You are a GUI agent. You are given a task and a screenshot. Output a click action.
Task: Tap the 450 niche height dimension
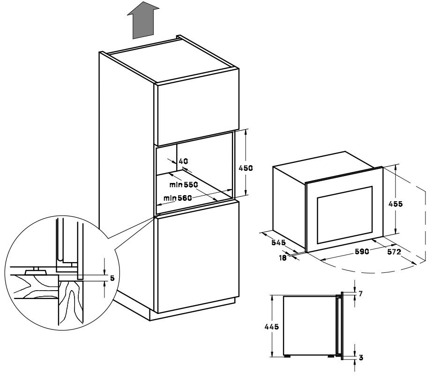tap(246, 168)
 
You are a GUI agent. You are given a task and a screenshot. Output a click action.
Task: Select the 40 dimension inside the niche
tap(183, 161)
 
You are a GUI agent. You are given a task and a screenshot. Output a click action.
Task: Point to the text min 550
tap(184, 184)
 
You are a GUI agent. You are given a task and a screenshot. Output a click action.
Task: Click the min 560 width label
tap(178, 198)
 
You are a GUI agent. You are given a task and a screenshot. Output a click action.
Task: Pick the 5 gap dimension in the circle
tap(112, 278)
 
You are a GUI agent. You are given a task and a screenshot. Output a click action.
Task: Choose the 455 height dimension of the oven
tap(395, 204)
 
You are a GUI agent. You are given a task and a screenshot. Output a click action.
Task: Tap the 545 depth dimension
tap(278, 242)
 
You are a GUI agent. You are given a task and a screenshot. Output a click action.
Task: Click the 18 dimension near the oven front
tap(283, 258)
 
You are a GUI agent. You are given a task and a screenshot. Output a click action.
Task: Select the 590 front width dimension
tap(361, 251)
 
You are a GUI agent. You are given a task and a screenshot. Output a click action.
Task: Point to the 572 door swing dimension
tap(394, 252)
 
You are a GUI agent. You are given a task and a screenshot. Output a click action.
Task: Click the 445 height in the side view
tap(272, 327)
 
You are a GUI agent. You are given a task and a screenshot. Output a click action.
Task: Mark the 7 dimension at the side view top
tap(361, 294)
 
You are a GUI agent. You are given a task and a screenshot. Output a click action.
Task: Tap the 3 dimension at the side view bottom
tap(361, 358)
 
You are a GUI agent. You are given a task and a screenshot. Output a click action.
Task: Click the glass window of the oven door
tap(345, 215)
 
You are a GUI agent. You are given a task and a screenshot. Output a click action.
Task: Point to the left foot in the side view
tap(288, 356)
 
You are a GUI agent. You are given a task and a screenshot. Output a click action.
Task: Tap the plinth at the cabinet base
tap(193, 309)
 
